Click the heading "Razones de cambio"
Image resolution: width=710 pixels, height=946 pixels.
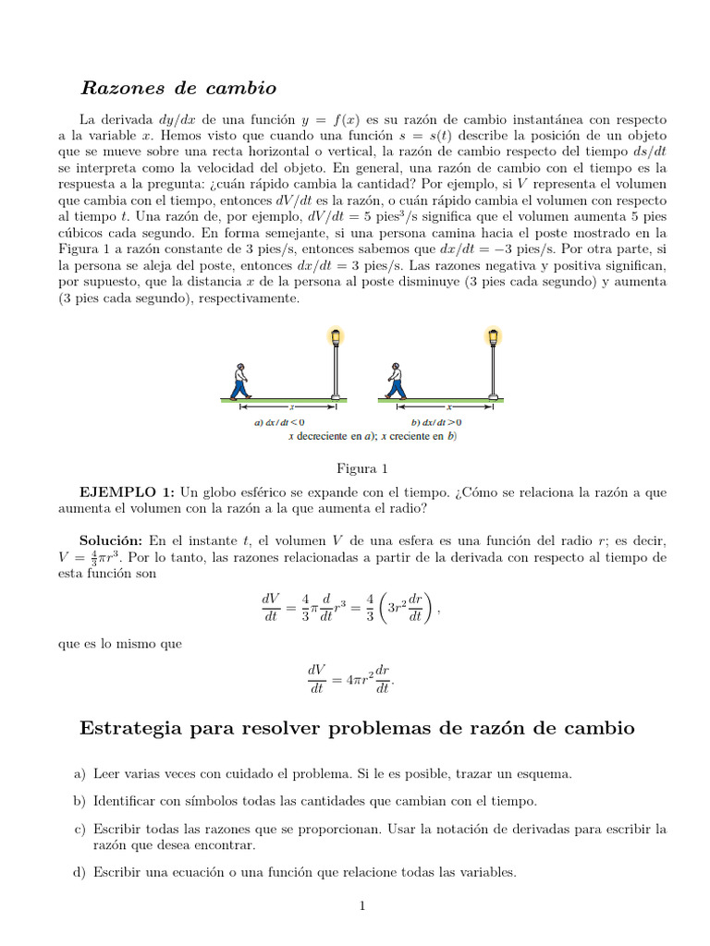[x=178, y=89]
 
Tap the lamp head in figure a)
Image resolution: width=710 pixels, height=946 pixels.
[x=336, y=336]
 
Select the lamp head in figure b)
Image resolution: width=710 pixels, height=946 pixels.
[x=494, y=336]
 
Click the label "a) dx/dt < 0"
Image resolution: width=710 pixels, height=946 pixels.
[x=279, y=423]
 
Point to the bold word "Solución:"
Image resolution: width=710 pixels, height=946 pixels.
[x=111, y=540]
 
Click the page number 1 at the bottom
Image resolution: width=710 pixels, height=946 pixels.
[x=363, y=906]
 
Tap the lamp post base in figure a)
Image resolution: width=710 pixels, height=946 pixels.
[x=336, y=397]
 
